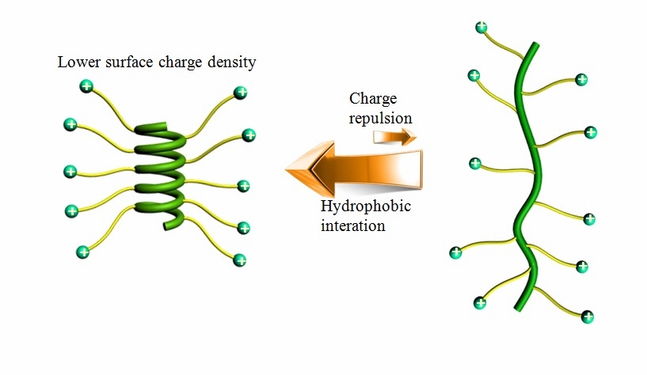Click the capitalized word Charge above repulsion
pyautogui.click(x=371, y=100)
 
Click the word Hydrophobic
pyautogui.click(x=367, y=207)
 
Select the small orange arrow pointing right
pyautogui.click(x=394, y=138)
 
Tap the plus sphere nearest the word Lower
pyautogui.click(x=87, y=85)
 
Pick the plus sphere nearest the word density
pyautogui.click(x=238, y=93)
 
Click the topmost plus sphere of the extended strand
pyautogui.click(x=481, y=28)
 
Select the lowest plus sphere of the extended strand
pyautogui.click(x=588, y=316)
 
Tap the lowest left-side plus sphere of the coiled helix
pyautogui.click(x=82, y=252)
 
